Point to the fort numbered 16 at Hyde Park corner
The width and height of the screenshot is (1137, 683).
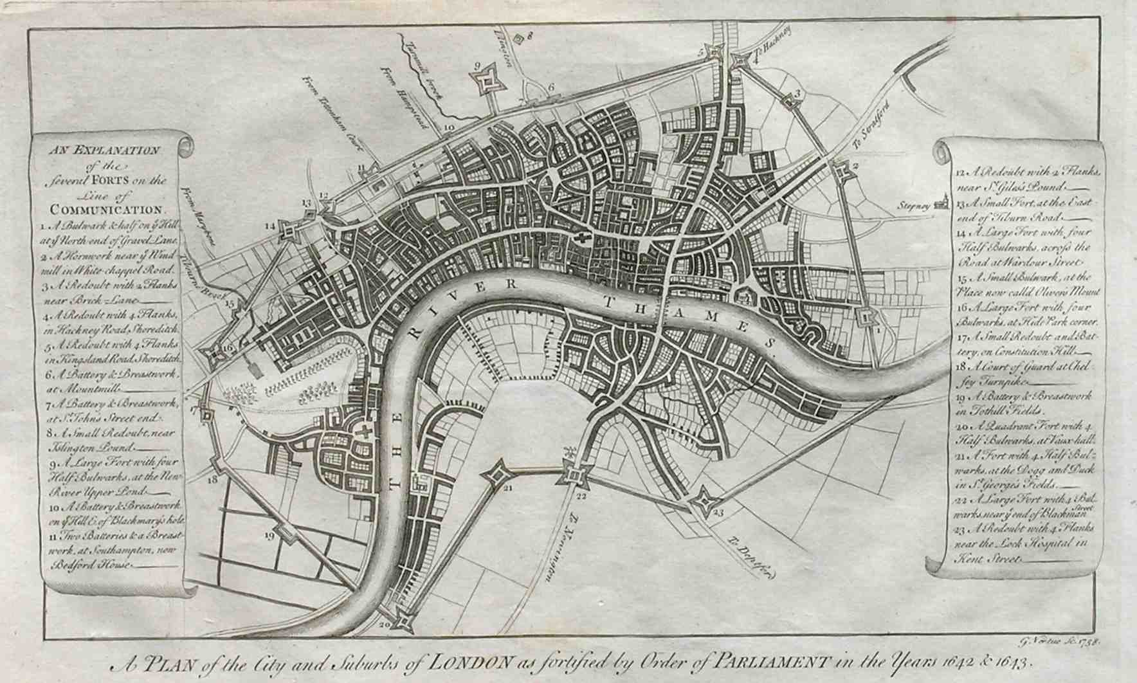pos(212,352)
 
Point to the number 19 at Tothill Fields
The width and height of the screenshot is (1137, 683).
pos(269,535)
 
